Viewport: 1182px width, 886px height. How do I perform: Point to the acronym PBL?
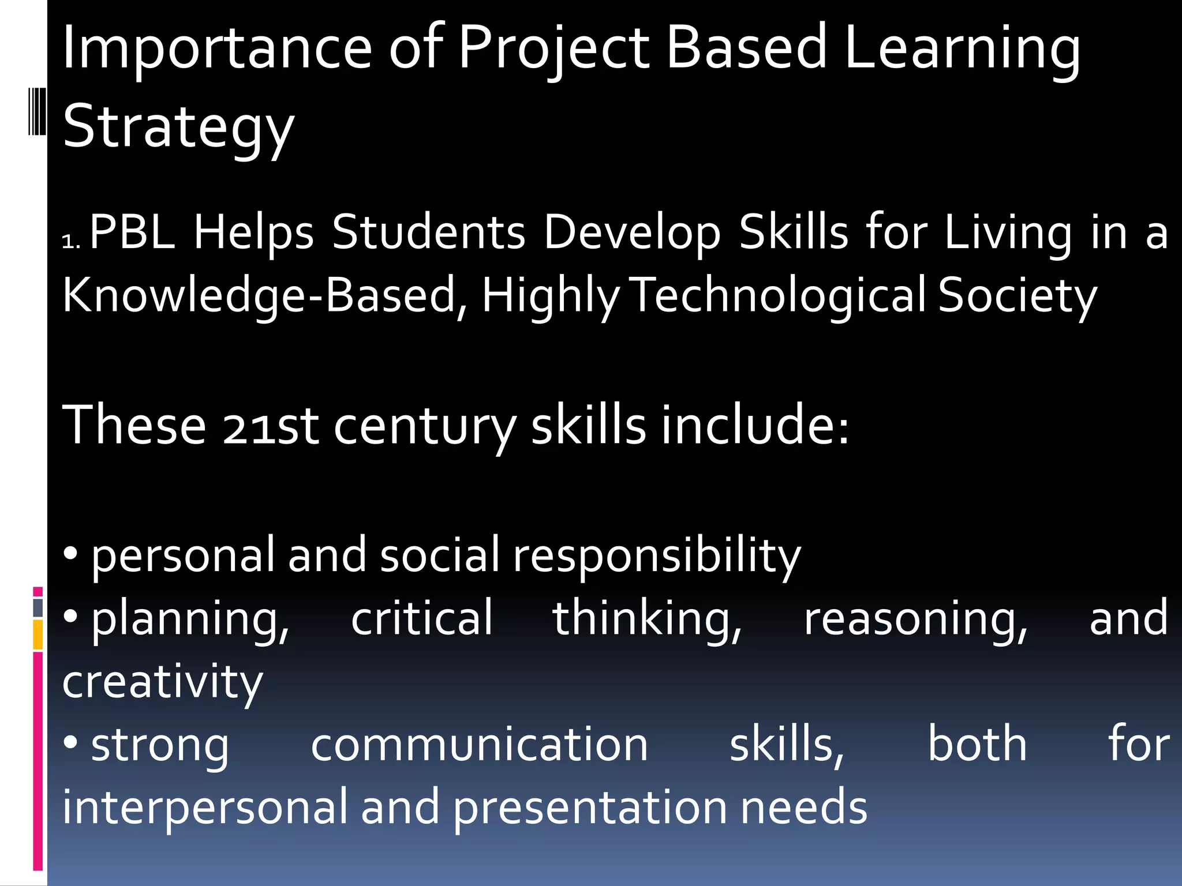(132, 232)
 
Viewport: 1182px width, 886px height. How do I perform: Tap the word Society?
(1017, 295)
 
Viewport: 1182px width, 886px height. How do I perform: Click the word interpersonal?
(205, 808)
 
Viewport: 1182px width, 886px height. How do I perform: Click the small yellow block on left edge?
(38, 635)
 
